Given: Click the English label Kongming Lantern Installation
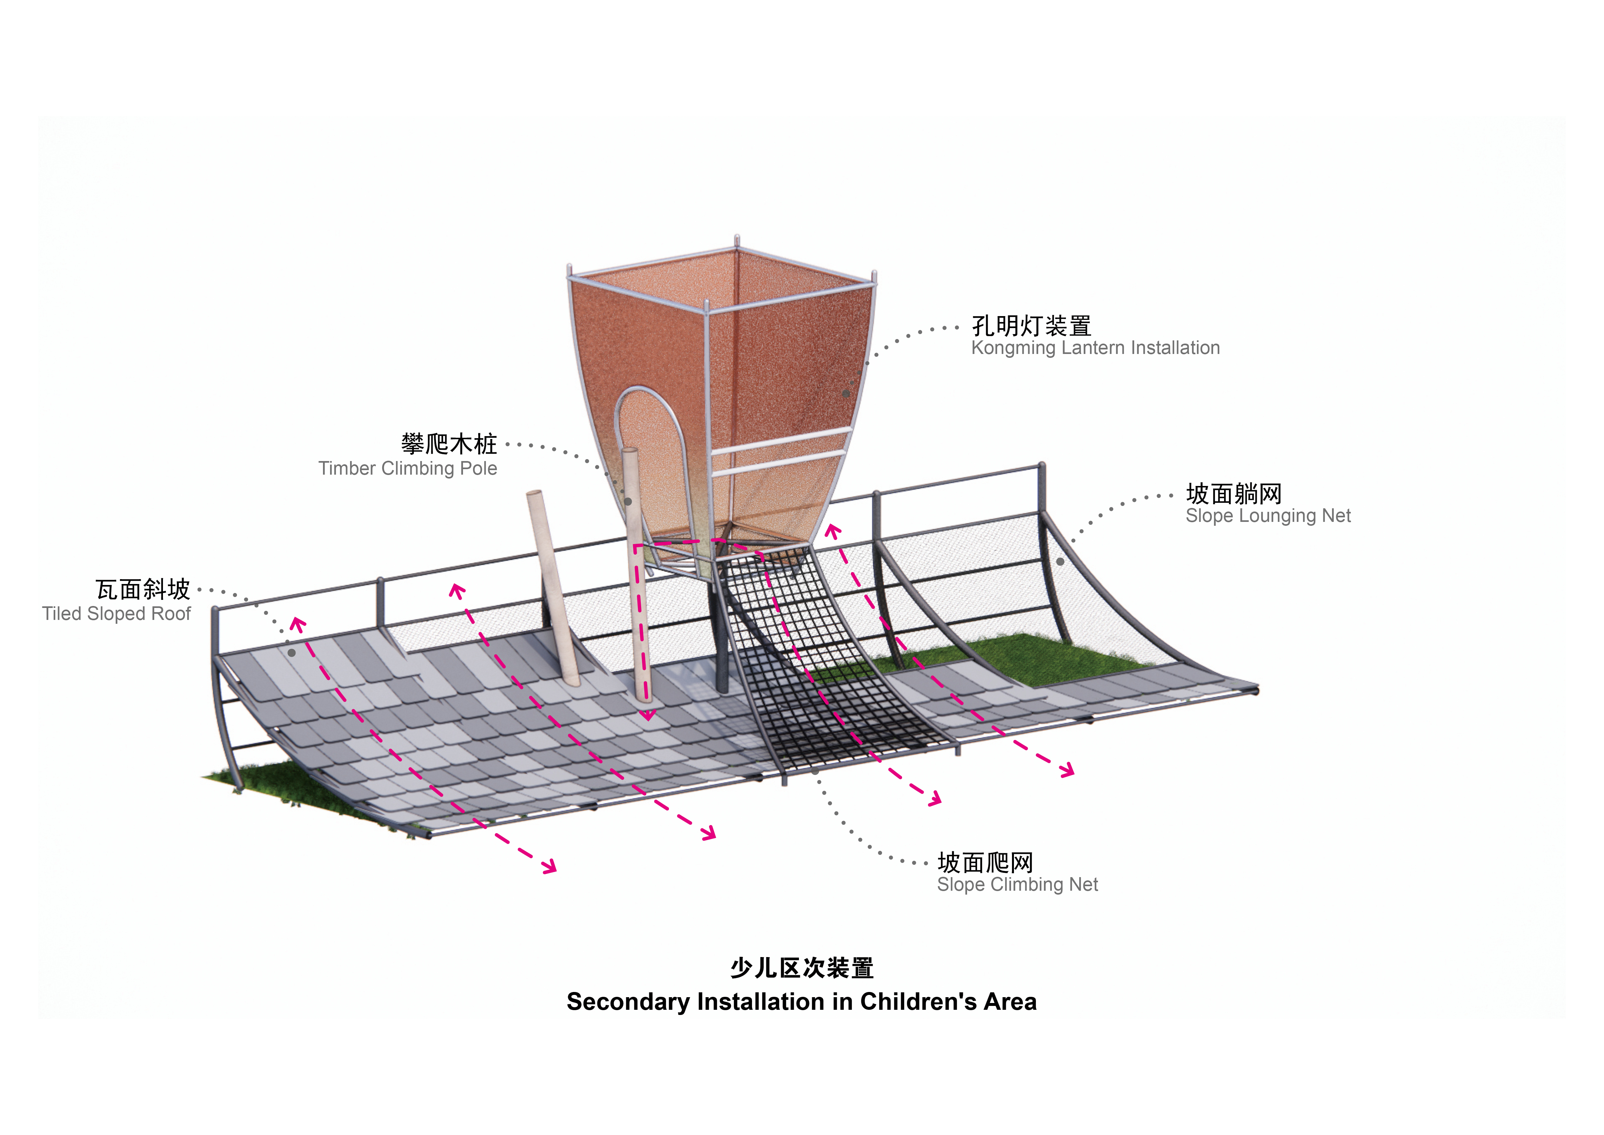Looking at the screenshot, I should [x=1095, y=348].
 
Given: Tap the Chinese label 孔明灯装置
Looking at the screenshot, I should [x=1031, y=326].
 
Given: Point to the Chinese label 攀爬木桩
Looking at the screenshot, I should [x=449, y=444].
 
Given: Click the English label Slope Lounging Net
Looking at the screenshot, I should [x=1268, y=516].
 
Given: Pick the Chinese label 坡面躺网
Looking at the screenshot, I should [x=1234, y=493].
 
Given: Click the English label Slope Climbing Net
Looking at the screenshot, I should [x=1017, y=885].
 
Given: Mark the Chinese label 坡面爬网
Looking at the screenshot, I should [x=985, y=863].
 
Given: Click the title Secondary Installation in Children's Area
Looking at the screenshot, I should [x=801, y=1001].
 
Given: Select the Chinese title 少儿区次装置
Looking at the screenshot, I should [x=801, y=968].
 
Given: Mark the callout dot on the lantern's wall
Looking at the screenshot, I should [x=846, y=393].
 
